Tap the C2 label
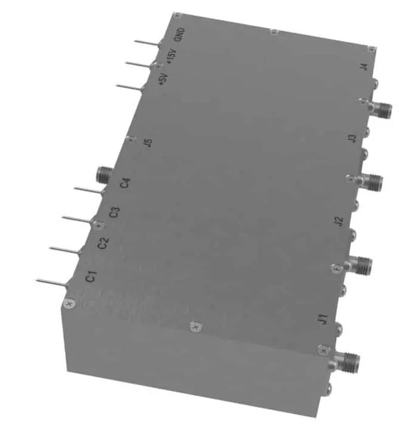click(x=103, y=244)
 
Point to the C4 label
click(x=125, y=182)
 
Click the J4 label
click(x=364, y=67)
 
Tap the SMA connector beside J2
click(x=359, y=262)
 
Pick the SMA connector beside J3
click(x=371, y=178)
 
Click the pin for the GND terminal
click(x=147, y=43)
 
